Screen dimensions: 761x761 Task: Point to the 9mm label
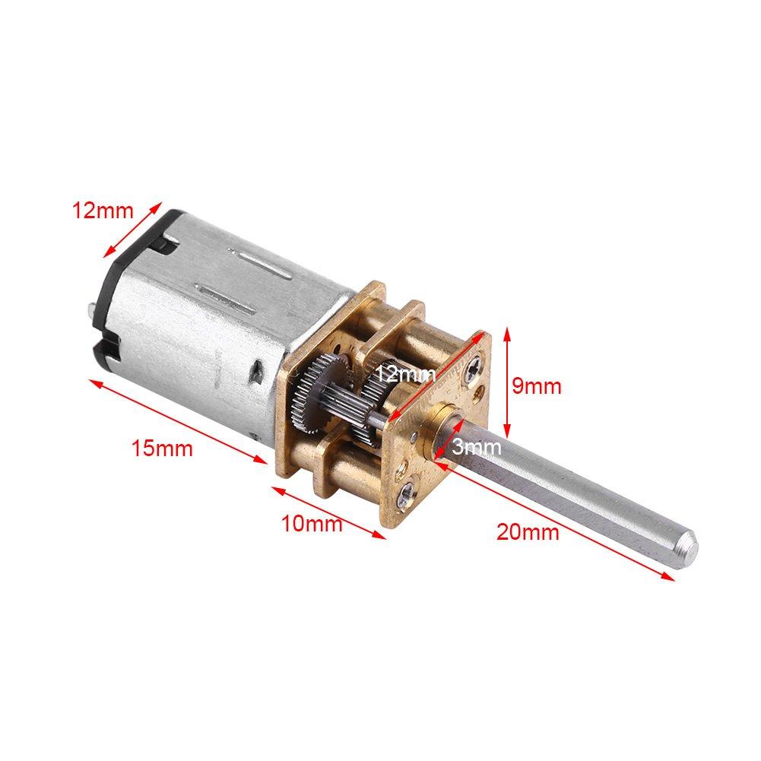click(x=536, y=386)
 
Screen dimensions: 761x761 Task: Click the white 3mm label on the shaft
click(x=477, y=448)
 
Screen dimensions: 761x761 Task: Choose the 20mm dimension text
click(x=528, y=531)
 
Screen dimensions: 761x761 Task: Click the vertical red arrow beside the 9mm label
click(x=505, y=386)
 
